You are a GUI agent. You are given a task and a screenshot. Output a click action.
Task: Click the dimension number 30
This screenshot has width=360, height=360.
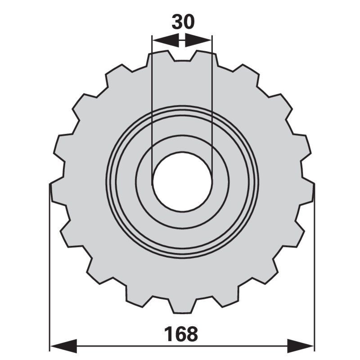pyautogui.click(x=182, y=22)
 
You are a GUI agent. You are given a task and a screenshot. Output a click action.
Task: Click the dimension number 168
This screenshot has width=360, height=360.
pyautogui.click(x=180, y=334)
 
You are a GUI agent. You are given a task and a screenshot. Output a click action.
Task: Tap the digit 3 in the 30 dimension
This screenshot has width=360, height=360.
pyautogui.click(x=176, y=22)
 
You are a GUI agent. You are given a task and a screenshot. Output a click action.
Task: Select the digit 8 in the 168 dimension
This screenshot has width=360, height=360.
pyautogui.click(x=192, y=334)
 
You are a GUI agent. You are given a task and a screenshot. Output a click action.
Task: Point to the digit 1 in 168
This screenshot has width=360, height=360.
pyautogui.click(x=168, y=334)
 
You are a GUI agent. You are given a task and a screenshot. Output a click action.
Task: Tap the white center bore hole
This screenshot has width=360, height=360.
pyautogui.click(x=182, y=182)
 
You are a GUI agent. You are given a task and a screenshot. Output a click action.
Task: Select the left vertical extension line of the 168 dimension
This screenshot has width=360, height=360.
pyautogui.click(x=49, y=270)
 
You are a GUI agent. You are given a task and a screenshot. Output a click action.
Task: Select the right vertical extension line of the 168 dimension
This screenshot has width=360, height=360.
pyautogui.click(x=314, y=270)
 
